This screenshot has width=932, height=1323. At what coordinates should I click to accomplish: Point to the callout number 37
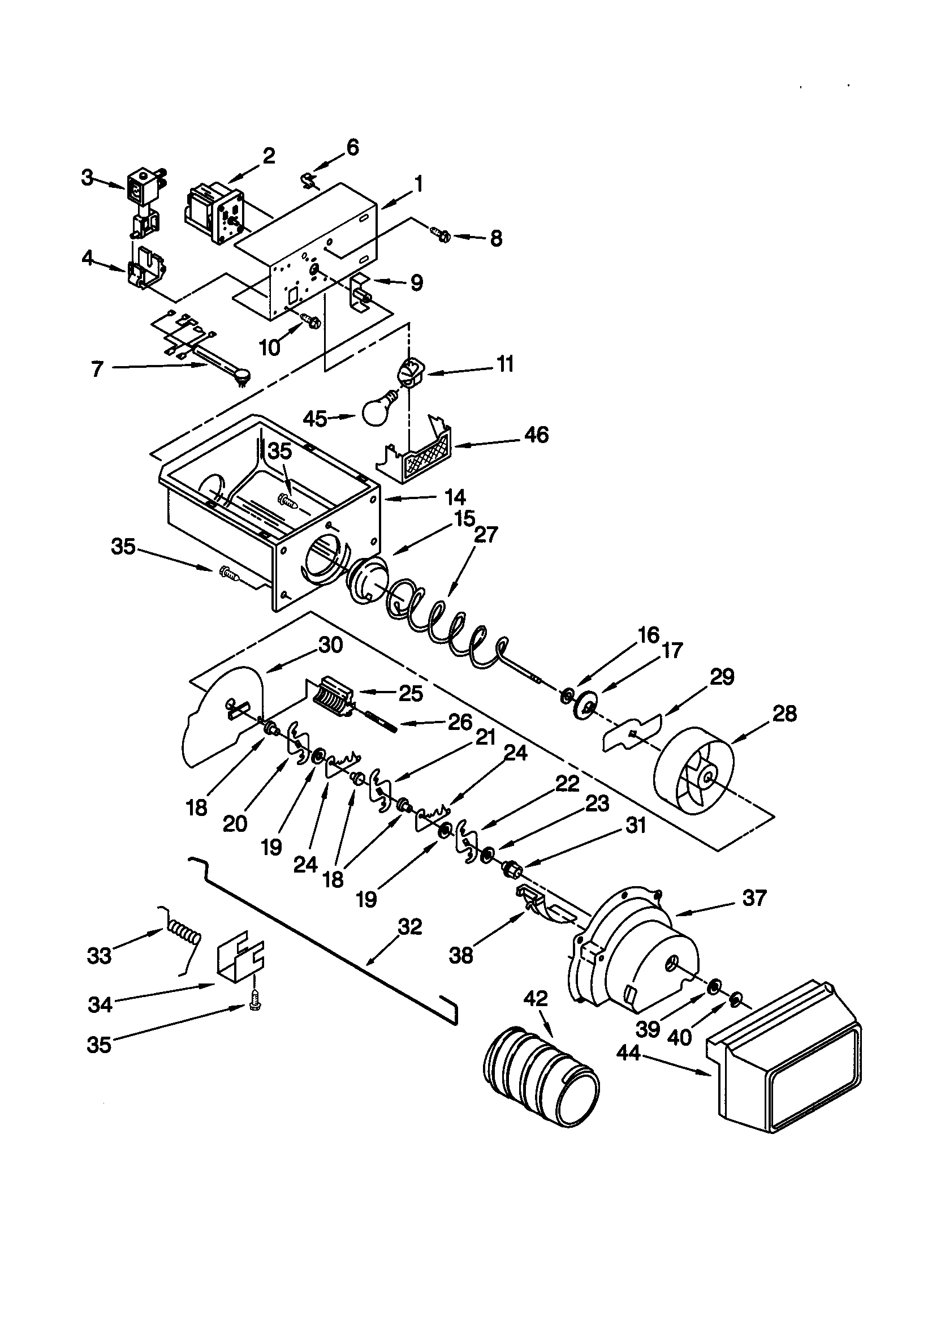click(x=754, y=897)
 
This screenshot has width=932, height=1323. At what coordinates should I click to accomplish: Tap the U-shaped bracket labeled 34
click(x=239, y=959)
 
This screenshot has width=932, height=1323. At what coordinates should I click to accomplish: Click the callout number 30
click(x=331, y=645)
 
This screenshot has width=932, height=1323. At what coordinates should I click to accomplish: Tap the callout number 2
click(x=269, y=156)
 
